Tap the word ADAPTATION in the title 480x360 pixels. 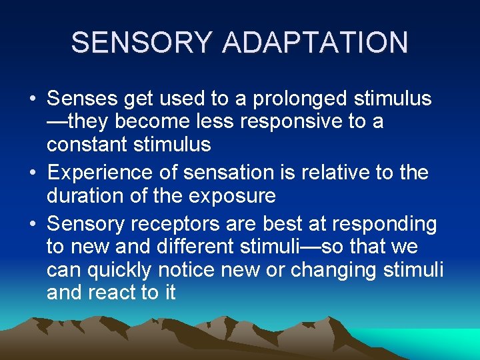[315, 43]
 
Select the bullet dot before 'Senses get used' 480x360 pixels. [33, 101]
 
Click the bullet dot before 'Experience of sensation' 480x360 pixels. [33, 173]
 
